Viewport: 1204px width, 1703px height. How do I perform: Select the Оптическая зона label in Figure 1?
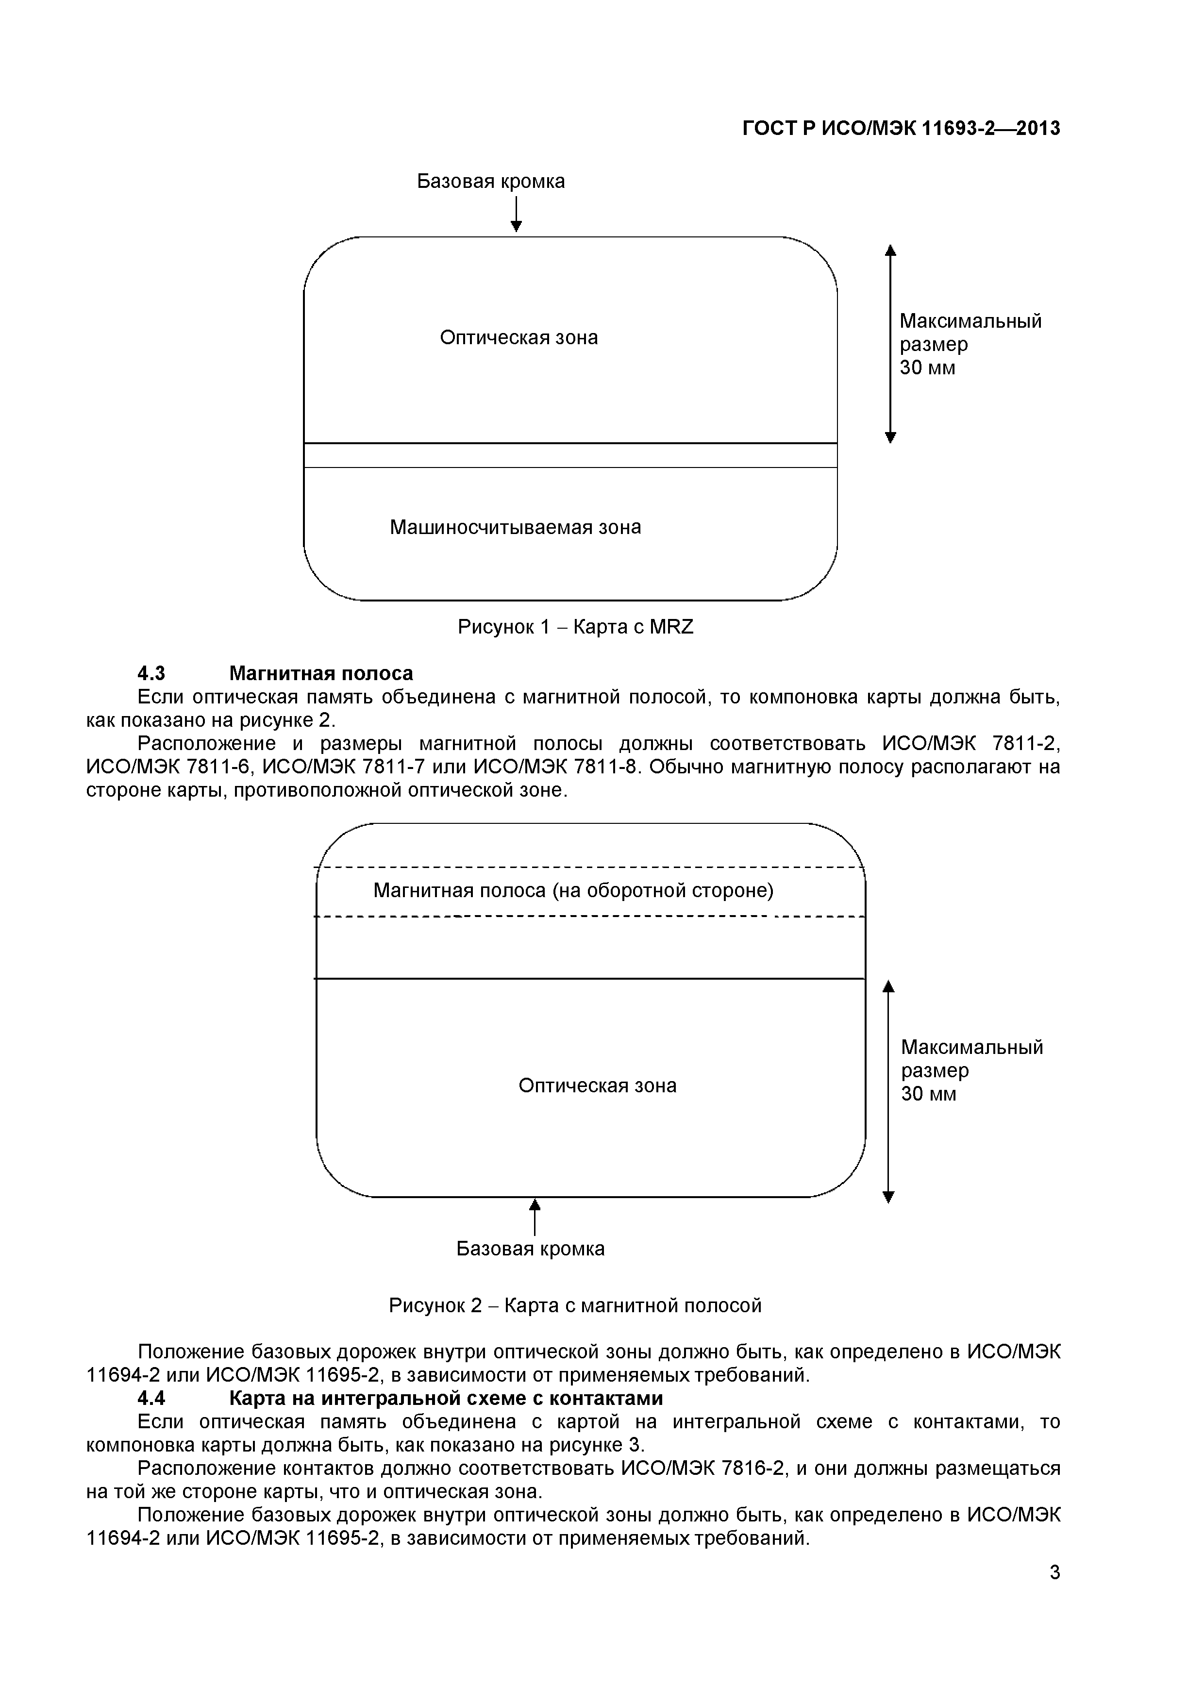click(x=518, y=337)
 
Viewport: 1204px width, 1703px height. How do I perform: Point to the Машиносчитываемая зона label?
click(x=516, y=527)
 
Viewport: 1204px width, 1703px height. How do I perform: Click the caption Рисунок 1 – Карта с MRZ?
click(x=575, y=628)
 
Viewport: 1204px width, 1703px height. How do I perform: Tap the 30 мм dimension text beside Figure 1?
click(x=927, y=368)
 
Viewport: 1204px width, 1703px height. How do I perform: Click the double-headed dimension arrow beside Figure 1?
click(x=891, y=343)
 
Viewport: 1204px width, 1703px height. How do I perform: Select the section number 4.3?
click(x=151, y=673)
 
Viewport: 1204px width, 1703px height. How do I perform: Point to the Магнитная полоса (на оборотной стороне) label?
click(x=573, y=890)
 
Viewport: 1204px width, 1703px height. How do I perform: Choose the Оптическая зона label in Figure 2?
click(x=597, y=1086)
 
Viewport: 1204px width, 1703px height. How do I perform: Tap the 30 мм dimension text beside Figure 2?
click(x=928, y=1094)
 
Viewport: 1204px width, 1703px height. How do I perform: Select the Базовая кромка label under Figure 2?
click(x=531, y=1249)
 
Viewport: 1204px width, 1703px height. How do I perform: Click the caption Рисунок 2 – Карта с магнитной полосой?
click(x=575, y=1305)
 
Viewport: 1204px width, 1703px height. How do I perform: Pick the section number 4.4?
click(x=151, y=1399)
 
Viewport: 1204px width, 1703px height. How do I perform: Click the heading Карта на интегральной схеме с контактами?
click(x=445, y=1399)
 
